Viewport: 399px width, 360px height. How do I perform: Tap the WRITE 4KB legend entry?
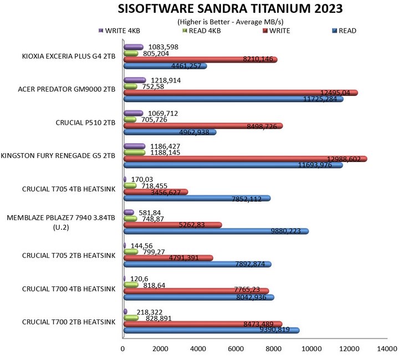[120, 31]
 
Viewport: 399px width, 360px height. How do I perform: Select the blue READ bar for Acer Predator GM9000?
[233, 99]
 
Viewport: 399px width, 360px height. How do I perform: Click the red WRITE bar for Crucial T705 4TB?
[155, 192]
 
